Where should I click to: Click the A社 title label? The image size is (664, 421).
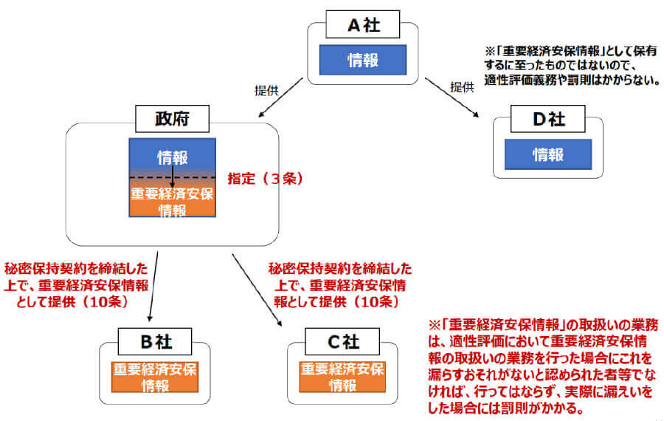(362, 25)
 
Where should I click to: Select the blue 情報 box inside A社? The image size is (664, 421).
(362, 61)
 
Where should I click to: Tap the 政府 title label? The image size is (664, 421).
(172, 117)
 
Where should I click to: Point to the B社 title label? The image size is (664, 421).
(156, 343)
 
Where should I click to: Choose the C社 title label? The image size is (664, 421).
(342, 343)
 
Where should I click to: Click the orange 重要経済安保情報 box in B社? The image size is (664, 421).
(156, 377)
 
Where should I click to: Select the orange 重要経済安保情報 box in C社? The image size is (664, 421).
(342, 377)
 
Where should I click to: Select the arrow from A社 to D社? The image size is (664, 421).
(451, 97)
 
